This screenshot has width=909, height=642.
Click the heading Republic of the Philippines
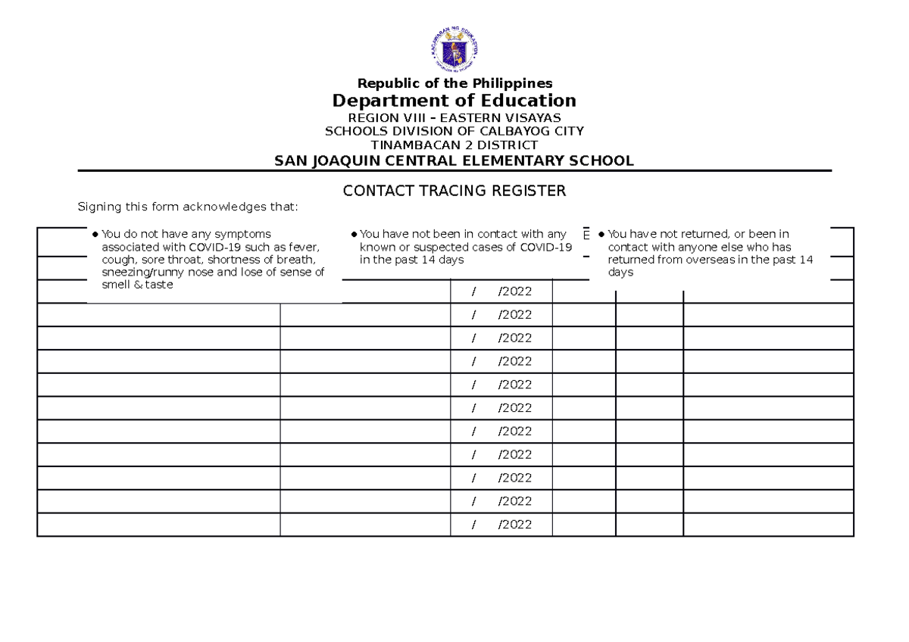pyautogui.click(x=454, y=83)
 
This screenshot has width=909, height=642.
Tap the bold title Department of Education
pyautogui.click(x=454, y=101)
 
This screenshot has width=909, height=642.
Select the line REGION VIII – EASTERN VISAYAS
pyautogui.click(x=454, y=118)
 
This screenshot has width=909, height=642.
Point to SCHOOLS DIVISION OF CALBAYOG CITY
pyautogui.click(x=454, y=131)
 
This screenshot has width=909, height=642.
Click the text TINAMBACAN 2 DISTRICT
pyautogui.click(x=454, y=145)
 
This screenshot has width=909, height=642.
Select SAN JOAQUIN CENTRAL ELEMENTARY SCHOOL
pyautogui.click(x=454, y=160)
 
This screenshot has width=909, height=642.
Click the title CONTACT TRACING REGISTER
pyautogui.click(x=454, y=191)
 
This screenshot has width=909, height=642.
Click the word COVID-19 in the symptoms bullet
pyautogui.click(x=213, y=247)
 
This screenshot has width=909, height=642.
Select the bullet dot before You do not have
pyautogui.click(x=94, y=235)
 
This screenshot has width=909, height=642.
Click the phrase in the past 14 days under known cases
pyautogui.click(x=411, y=260)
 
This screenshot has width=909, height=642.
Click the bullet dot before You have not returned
pyautogui.click(x=601, y=235)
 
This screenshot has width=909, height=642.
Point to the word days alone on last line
pyautogui.click(x=620, y=273)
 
